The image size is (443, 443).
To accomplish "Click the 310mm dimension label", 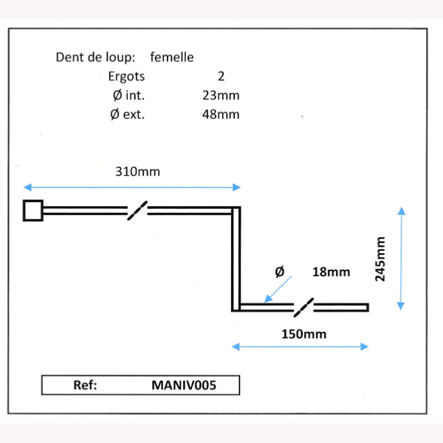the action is (x=137, y=171).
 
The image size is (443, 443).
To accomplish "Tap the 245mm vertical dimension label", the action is (x=380, y=259).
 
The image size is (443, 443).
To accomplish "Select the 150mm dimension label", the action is (x=304, y=334).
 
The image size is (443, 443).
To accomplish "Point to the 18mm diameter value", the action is (x=331, y=272).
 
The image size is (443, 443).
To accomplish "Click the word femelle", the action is (x=172, y=57).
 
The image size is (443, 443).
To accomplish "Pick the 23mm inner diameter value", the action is (x=221, y=95).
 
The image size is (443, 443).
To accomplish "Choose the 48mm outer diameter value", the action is (x=221, y=114).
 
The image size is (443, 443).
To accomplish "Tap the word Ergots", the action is (x=126, y=77).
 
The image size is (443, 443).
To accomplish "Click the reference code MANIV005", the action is (x=184, y=385).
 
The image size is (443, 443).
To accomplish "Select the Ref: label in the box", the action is (x=85, y=385).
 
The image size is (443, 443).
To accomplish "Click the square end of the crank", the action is (x=33, y=210).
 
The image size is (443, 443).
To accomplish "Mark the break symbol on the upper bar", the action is (x=137, y=210).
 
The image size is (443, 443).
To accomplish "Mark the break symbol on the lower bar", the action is (x=303, y=307).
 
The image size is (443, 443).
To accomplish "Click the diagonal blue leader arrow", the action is (x=278, y=289).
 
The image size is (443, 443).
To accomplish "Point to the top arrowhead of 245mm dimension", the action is (x=402, y=211).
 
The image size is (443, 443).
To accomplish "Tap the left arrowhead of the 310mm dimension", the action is (x=28, y=187).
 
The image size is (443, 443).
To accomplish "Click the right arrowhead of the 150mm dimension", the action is (x=365, y=347).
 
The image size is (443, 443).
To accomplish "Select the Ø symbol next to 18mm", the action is (x=280, y=272).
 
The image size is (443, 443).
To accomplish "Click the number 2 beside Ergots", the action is (x=221, y=76).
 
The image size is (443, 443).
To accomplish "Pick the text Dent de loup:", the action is (x=95, y=58).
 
